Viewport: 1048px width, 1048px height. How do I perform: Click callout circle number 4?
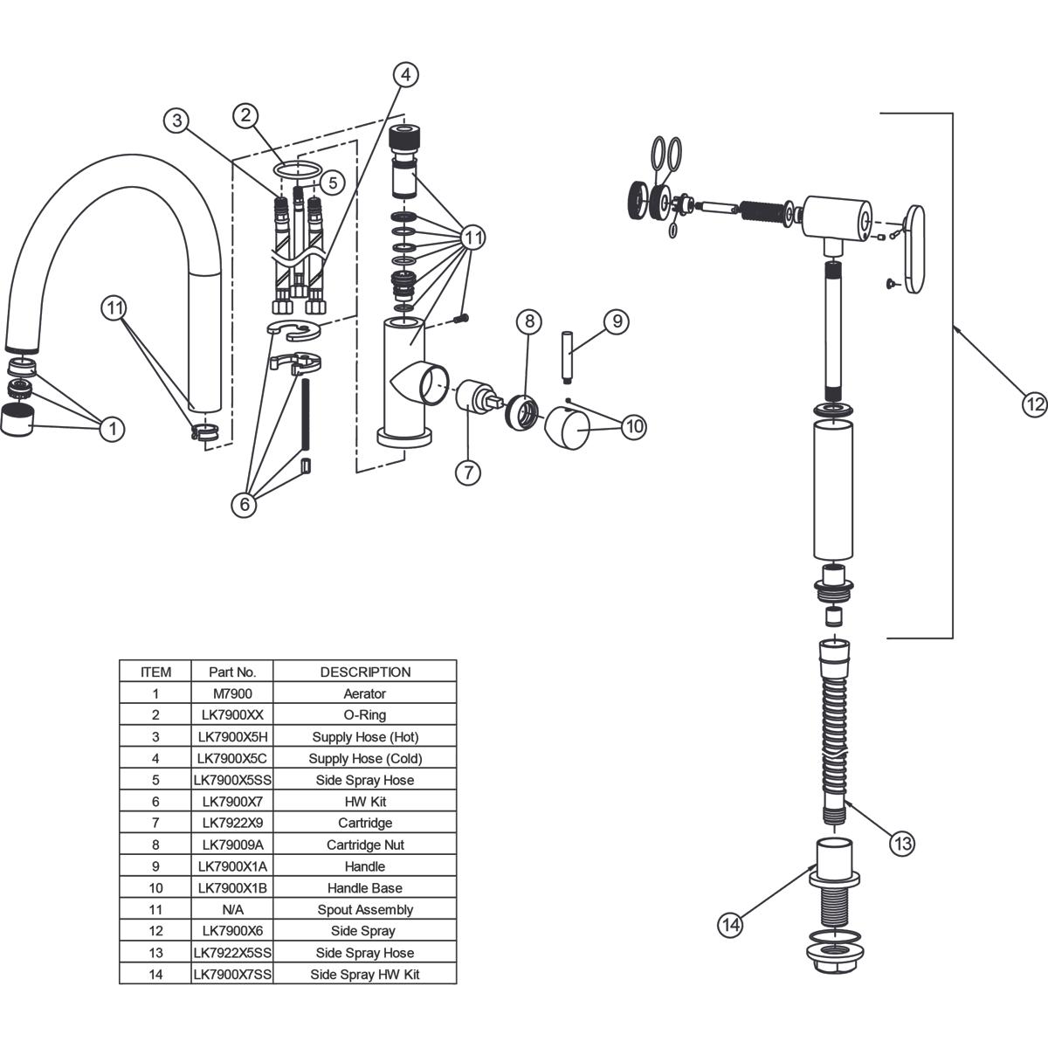tap(405, 75)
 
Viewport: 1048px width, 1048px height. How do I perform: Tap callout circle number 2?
tap(246, 114)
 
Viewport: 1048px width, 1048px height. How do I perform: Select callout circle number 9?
tap(616, 321)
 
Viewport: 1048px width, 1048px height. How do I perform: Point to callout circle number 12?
tap(1034, 404)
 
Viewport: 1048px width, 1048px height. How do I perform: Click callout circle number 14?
tap(731, 924)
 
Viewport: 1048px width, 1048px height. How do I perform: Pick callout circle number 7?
tap(468, 472)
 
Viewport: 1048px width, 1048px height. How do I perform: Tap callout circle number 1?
tap(112, 429)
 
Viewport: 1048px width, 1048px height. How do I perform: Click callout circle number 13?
tap(902, 844)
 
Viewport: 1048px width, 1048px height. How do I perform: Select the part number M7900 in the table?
tap(231, 693)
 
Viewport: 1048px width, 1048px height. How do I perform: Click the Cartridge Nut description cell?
tap(365, 845)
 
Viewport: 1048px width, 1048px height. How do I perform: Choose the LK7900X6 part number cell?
tap(231, 931)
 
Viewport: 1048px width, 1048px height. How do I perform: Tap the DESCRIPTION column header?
tap(365, 672)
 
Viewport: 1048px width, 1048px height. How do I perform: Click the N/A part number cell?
tap(231, 909)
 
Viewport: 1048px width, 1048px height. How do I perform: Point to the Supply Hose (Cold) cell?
tap(365, 758)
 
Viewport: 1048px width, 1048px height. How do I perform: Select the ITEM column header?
tap(155, 672)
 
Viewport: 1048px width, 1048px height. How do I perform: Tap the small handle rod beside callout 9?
tap(569, 356)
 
